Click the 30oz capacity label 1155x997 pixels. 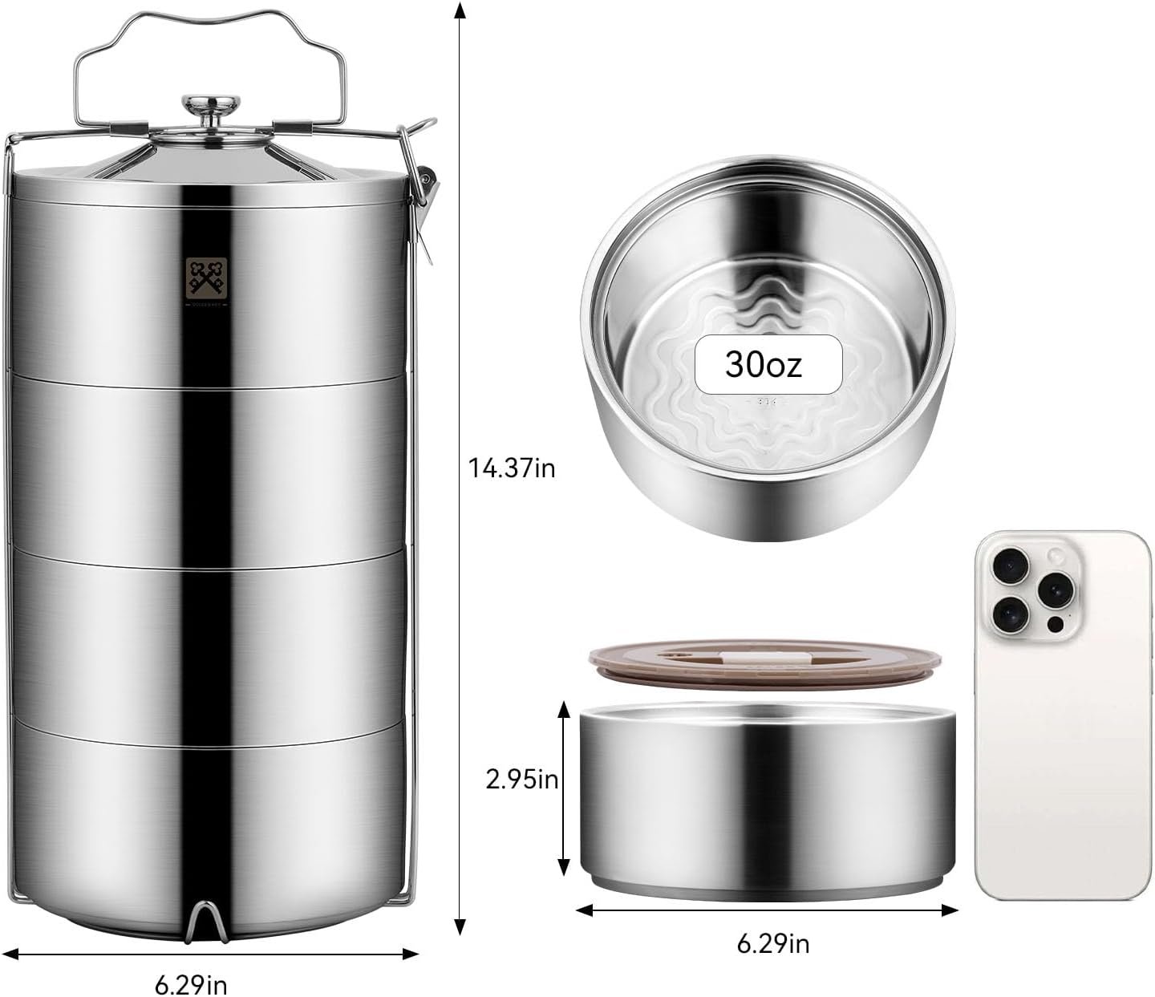point(763,365)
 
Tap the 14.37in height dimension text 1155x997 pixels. point(512,468)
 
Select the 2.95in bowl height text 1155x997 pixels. point(522,779)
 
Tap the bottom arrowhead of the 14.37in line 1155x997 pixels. point(460,926)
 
